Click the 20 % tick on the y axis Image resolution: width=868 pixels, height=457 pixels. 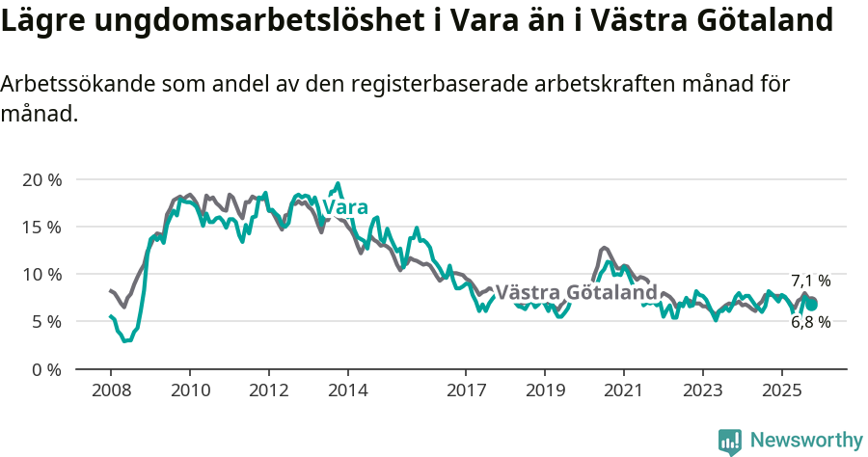(41, 180)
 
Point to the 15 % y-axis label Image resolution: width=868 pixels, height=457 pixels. (41, 228)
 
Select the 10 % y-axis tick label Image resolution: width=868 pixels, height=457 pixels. (41, 275)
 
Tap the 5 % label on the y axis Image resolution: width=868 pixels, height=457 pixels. (46, 322)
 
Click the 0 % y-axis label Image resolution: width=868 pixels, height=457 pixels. (46, 369)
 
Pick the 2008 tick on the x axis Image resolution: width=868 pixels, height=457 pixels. (110, 391)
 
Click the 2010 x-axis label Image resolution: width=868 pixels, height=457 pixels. (189, 391)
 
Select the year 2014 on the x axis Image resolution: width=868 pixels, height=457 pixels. (347, 391)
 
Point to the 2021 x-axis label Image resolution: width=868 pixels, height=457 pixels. (623, 391)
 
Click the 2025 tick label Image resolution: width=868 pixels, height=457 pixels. (781, 391)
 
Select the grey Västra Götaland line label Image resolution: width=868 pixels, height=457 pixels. (576, 292)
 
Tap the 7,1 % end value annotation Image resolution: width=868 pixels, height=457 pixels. (810, 281)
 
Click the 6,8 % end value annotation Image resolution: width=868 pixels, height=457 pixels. (810, 322)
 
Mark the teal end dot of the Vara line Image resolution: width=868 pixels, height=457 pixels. (811, 305)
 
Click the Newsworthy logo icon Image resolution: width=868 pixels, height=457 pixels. (730, 442)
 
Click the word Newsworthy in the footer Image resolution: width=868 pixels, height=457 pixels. (806, 441)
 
